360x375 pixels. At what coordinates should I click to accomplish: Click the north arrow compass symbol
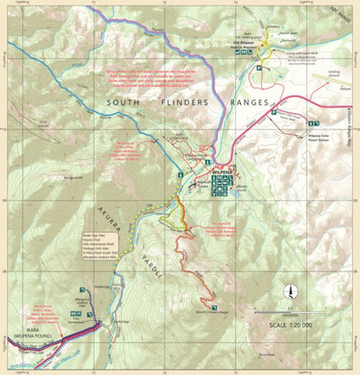pyautogui.click(x=291, y=290)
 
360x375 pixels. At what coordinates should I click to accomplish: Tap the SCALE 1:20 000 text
pyautogui.click(x=290, y=325)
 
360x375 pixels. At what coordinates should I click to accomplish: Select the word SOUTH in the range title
pyautogui.click(x=126, y=103)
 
